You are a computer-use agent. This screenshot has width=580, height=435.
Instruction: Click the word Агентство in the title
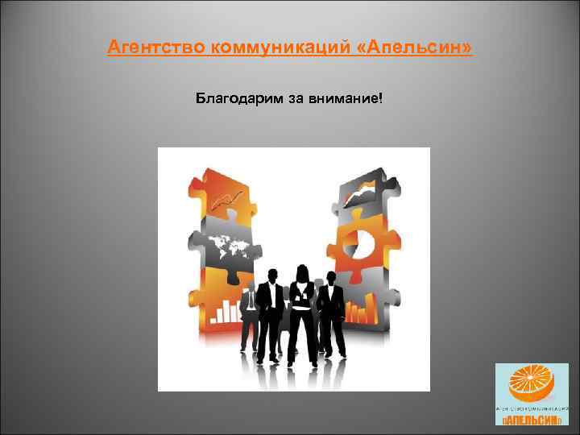point(157,50)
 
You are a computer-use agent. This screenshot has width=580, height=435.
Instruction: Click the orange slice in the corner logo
point(532,383)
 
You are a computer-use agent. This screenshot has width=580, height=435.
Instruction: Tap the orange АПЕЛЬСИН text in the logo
point(532,420)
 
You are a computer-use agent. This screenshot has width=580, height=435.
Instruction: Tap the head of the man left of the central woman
point(271,274)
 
